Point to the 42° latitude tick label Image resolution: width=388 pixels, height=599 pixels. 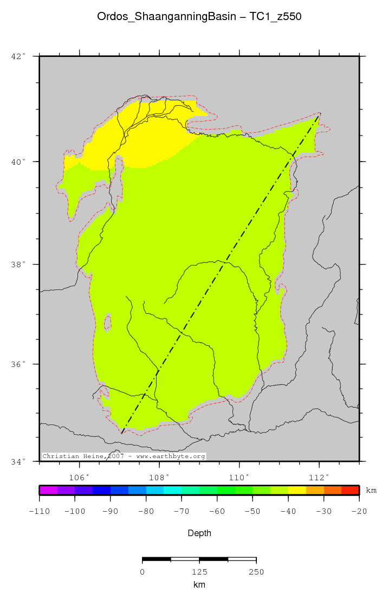click(18, 56)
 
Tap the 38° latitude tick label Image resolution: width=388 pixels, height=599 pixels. click(18, 265)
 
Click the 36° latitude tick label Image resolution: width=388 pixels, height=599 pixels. click(18, 364)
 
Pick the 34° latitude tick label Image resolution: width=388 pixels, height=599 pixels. click(18, 462)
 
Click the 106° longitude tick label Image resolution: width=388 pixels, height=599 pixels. click(80, 478)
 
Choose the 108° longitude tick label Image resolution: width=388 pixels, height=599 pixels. click(160, 478)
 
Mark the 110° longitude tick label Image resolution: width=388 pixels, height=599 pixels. click(240, 478)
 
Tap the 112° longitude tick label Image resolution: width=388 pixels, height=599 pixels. click(319, 478)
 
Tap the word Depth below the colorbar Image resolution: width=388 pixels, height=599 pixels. click(199, 533)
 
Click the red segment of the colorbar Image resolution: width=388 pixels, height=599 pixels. click(350, 490)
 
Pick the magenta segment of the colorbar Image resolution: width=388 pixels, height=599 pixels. click(48, 490)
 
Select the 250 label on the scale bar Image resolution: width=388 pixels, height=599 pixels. click(256, 571)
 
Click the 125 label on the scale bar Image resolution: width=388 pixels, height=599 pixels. click(199, 571)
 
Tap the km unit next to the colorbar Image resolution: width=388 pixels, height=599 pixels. click(371, 491)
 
